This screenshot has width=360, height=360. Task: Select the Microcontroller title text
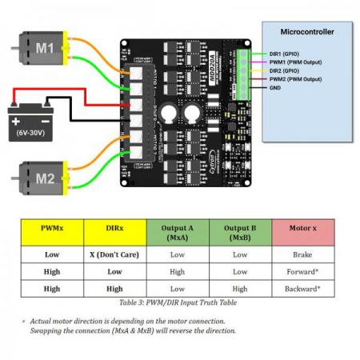[306, 31]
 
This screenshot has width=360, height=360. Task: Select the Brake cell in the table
[302, 254]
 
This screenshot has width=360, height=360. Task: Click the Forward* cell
[302, 271]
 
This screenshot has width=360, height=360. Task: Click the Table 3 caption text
[178, 302]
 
